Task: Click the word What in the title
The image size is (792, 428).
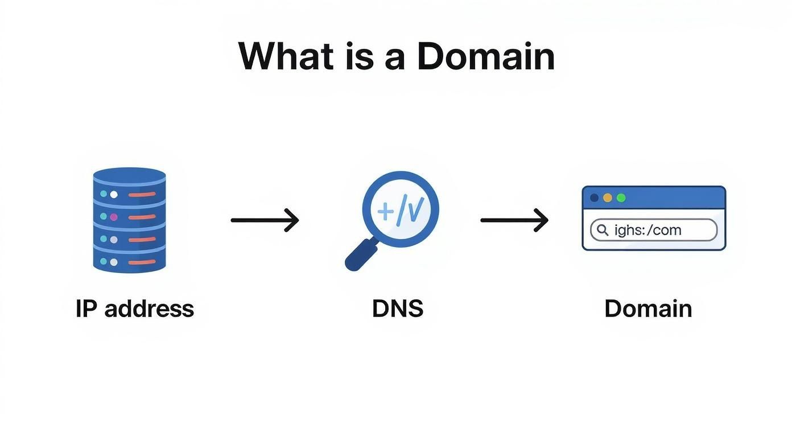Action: click(286, 56)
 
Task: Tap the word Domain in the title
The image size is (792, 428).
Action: click(486, 56)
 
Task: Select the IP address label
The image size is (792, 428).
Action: click(135, 308)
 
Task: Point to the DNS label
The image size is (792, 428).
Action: click(398, 308)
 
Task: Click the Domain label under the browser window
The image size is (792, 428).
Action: click(648, 308)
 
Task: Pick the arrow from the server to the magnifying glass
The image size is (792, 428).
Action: click(265, 220)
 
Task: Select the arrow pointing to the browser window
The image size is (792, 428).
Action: click(514, 220)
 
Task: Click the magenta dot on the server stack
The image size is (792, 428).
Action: click(113, 217)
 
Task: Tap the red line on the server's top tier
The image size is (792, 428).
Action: click(142, 194)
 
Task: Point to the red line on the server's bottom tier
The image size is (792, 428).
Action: click(142, 262)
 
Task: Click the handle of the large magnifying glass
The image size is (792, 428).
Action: click(361, 254)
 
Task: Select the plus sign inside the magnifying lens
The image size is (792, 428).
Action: click(385, 212)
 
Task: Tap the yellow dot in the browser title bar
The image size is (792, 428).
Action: click(608, 197)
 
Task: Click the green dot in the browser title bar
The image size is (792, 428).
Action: click(621, 197)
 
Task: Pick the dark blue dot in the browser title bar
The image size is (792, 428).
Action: click(595, 197)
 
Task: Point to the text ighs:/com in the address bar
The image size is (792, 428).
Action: click(647, 231)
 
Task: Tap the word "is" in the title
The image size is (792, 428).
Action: click(358, 56)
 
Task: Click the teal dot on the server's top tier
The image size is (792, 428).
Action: click(104, 194)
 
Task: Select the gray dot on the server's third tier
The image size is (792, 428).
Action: click(113, 240)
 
